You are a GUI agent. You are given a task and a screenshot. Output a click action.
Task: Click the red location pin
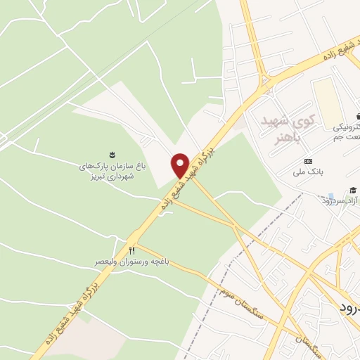pos(180,165)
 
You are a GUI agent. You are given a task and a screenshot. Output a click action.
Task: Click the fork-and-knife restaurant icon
pos(131,250)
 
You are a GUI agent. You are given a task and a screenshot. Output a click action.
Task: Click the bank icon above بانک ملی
pos(307,161)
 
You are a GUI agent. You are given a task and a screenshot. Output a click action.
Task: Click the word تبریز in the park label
pos(125,176)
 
